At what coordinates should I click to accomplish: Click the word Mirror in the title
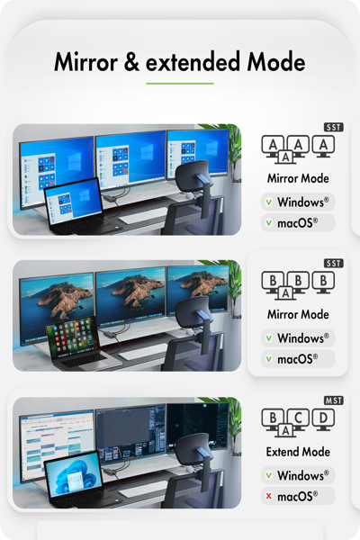(86, 62)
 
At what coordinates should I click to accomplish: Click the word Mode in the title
(276, 62)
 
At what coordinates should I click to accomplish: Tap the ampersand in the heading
(131, 62)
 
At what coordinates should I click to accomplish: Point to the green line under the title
(179, 84)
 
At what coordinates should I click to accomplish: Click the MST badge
(334, 400)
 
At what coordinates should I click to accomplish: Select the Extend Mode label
(298, 452)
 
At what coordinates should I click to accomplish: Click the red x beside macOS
(269, 496)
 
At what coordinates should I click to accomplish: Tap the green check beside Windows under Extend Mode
(269, 475)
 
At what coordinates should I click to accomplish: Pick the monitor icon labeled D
(323, 419)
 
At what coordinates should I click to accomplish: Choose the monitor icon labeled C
(298, 418)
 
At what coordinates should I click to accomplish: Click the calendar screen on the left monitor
(57, 444)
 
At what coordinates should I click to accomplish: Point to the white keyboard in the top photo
(142, 216)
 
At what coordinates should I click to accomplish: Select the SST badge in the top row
(334, 128)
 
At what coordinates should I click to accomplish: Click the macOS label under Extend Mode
(297, 497)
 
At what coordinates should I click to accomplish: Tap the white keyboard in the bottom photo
(142, 490)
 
